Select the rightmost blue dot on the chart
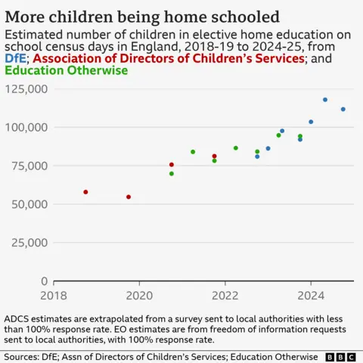point(343,110)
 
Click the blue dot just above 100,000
point(311,122)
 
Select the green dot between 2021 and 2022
point(193,152)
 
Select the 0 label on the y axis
point(45,281)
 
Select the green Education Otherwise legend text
point(66,70)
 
